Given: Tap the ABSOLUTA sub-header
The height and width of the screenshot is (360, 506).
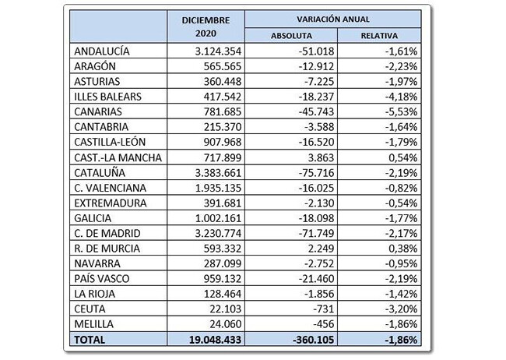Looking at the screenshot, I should coord(291,35).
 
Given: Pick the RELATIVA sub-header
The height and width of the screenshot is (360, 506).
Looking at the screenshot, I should coord(380,35).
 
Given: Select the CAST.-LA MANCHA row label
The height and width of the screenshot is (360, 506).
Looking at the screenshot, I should coord(117,157).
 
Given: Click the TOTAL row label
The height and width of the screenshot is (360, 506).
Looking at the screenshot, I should coord(89,340).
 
